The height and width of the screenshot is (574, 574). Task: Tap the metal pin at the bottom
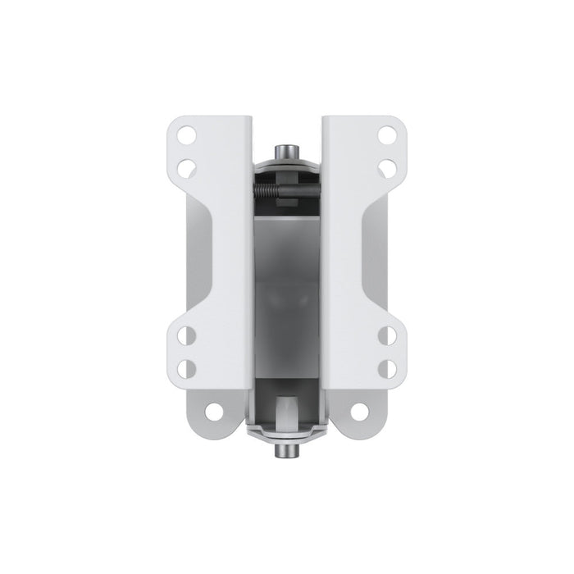(287, 451)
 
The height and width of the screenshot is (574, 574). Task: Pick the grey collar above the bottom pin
(287, 431)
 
